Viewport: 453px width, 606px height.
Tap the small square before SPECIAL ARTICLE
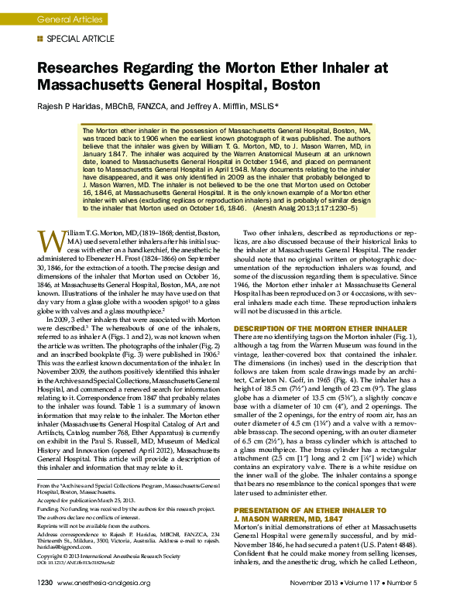tap(40, 38)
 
